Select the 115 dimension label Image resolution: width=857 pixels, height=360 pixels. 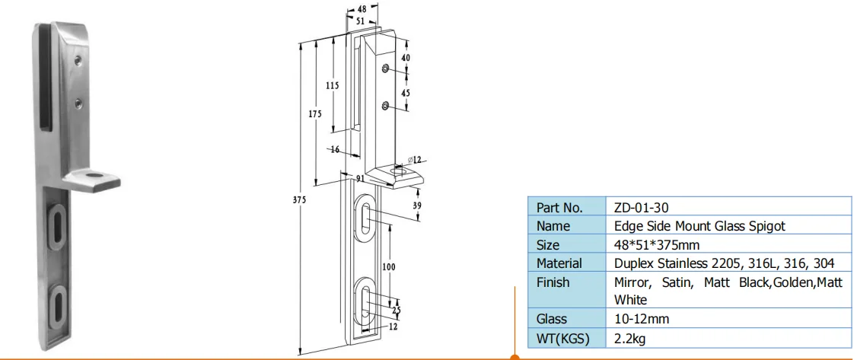pos(332,86)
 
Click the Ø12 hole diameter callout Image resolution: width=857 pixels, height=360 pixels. pos(415,158)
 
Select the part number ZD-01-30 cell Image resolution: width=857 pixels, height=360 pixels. pos(641,207)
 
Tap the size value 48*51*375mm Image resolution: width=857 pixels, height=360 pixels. pos(656,245)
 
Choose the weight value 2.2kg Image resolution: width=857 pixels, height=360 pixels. pos(631,338)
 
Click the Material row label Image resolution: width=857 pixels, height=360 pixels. pos(559,263)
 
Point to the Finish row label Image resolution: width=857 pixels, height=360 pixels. pos(553,282)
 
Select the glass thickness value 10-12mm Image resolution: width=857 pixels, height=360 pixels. pos(641,319)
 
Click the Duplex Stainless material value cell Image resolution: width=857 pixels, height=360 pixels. pos(723,263)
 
